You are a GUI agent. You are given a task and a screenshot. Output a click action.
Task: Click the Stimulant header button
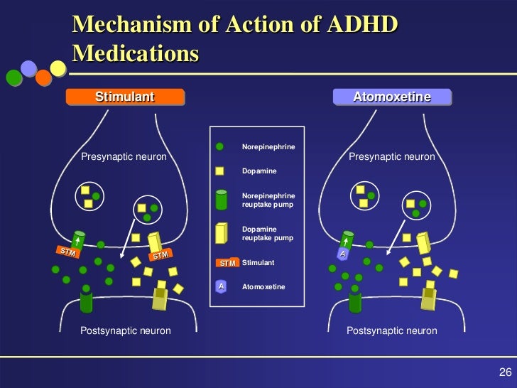pyautogui.click(x=125, y=97)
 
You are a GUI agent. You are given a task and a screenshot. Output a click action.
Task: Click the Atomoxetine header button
pyautogui.click(x=392, y=97)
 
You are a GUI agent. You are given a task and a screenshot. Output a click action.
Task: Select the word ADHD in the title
pyautogui.click(x=354, y=26)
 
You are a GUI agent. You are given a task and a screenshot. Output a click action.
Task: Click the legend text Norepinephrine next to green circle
pyautogui.click(x=268, y=147)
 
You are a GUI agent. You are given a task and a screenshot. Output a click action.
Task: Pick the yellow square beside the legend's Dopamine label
pyautogui.click(x=219, y=171)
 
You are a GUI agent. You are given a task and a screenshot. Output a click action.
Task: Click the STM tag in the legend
pyautogui.click(x=227, y=263)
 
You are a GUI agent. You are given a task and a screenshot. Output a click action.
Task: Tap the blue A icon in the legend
pyautogui.click(x=221, y=286)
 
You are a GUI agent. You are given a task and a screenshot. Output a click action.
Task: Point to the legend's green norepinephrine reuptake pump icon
pyautogui.click(x=221, y=200)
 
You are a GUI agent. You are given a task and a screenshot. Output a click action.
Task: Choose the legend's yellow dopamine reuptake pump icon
pyautogui.click(x=221, y=234)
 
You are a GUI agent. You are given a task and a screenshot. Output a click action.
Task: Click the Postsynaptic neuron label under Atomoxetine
pyautogui.click(x=391, y=331)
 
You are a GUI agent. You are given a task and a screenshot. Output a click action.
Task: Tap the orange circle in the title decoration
pyautogui.click(x=43, y=77)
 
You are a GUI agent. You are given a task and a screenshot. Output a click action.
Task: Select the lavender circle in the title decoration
pyautogui.click(x=29, y=68)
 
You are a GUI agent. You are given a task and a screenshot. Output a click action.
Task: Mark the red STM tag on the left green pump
pyautogui.click(x=67, y=252)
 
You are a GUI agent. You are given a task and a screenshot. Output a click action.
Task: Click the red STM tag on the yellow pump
pyautogui.click(x=160, y=255)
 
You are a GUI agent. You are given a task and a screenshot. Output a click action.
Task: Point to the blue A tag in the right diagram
pyautogui.click(x=343, y=254)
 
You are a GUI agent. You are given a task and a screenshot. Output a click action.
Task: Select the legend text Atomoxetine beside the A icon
pyautogui.click(x=263, y=287)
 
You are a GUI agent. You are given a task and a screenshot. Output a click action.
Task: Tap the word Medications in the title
pyautogui.click(x=135, y=53)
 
